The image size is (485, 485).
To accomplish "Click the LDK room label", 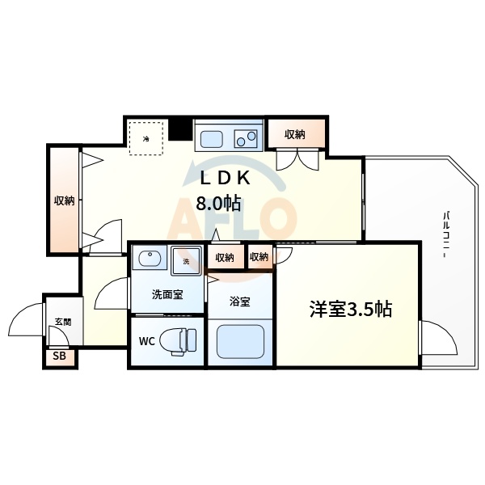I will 230,179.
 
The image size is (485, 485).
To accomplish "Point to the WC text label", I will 146,341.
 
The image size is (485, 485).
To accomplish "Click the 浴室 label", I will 239,302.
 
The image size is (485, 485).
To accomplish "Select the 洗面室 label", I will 167,294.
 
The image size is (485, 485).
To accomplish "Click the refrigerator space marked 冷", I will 146,138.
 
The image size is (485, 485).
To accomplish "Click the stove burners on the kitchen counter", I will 246,139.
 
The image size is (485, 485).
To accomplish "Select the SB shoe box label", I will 59,356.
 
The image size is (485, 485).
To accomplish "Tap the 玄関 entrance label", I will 63,322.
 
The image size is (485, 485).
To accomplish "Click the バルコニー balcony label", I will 445,234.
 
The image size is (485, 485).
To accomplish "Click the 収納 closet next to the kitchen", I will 295,134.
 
